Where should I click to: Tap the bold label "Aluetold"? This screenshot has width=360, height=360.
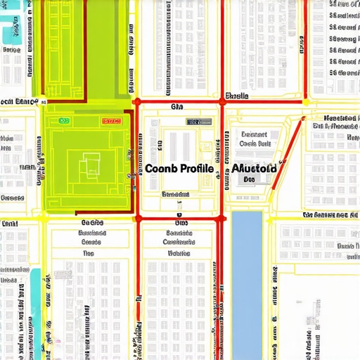[x=254, y=169]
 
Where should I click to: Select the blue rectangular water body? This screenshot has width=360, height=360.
[x=247, y=281]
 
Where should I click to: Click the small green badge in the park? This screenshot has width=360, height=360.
[x=65, y=121]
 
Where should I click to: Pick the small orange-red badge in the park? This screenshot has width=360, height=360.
[x=112, y=121]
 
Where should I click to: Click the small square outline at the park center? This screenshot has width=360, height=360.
[x=89, y=165]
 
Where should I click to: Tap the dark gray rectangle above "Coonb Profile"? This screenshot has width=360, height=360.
[x=199, y=122]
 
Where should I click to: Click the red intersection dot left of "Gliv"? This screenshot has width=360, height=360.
[x=137, y=102]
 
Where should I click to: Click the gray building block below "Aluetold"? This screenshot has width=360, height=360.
[x=259, y=176]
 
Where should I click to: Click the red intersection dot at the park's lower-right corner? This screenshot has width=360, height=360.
[x=137, y=218]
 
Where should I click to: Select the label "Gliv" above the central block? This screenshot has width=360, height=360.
[x=176, y=108]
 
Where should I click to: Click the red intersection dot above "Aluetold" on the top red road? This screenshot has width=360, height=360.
[x=223, y=102]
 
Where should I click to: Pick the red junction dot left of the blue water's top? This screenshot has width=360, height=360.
[x=223, y=218]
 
